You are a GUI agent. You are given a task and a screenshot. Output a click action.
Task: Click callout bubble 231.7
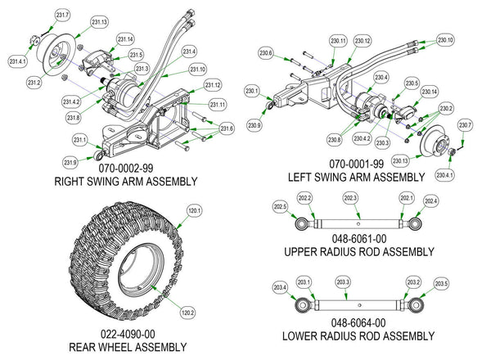coord(63,16)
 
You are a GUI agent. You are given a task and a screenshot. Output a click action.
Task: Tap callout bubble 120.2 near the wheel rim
coord(187,312)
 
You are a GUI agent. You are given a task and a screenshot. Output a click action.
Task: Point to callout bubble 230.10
coord(445,40)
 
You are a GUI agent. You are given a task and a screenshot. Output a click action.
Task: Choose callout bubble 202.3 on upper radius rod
coord(350,198)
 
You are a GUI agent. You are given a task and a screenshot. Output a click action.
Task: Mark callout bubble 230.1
coord(251,91)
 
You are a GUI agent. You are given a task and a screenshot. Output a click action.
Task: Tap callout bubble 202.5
coord(280,208)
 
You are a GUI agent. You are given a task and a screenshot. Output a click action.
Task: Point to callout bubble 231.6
coord(227,128)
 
